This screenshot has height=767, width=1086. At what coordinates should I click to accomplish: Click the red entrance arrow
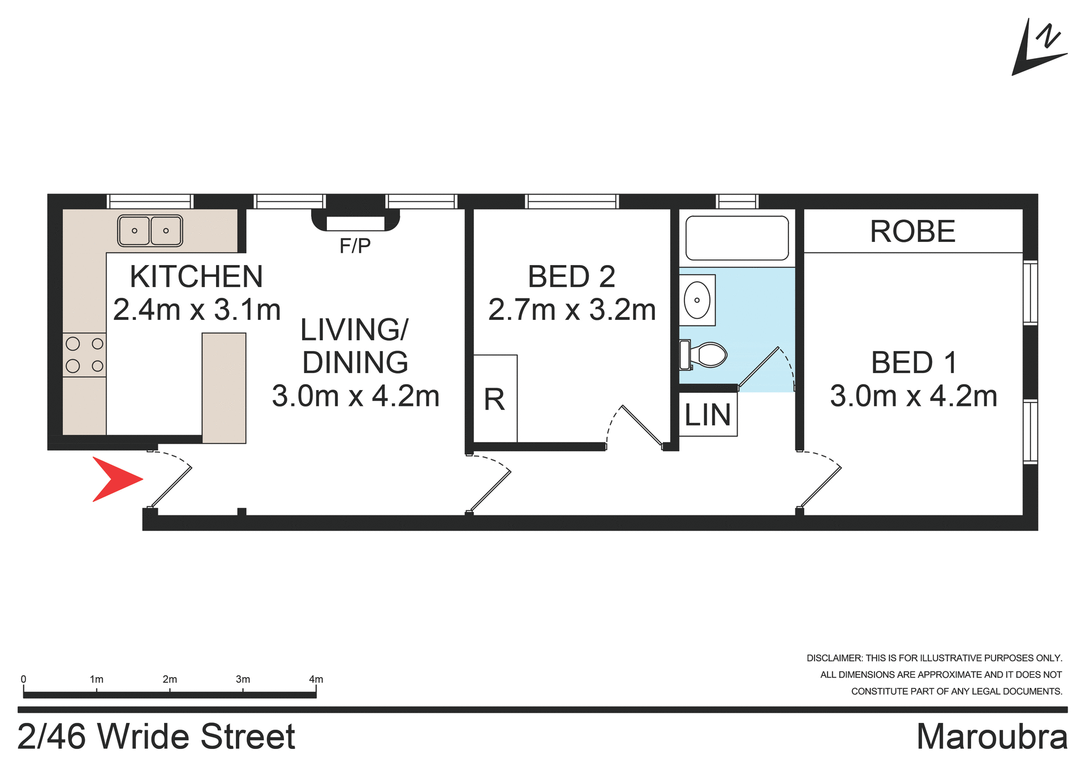(115, 479)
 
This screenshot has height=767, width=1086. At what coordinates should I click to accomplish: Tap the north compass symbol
(1040, 49)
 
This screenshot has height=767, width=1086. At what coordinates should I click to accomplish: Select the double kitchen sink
(150, 231)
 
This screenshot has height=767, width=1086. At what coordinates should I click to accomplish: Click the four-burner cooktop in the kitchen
(84, 354)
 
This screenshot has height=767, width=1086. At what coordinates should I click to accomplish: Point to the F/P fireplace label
(355, 246)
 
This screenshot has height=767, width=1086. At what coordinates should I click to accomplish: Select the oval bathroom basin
(697, 300)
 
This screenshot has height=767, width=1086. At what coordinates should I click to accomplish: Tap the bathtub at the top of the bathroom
(736, 238)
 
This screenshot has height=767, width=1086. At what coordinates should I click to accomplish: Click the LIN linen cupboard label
(708, 415)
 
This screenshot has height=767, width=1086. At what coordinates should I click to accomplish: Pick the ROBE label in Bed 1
(912, 231)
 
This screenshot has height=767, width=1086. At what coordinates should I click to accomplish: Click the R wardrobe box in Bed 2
(495, 399)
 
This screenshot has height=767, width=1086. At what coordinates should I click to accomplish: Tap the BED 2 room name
(571, 276)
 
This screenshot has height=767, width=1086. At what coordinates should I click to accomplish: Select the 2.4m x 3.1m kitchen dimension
(197, 310)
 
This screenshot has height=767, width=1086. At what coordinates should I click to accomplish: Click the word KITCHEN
(196, 276)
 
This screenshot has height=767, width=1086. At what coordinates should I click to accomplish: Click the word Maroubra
(992, 736)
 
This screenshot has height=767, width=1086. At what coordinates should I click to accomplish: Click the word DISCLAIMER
(834, 658)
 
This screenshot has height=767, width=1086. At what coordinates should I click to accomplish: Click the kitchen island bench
(224, 388)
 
